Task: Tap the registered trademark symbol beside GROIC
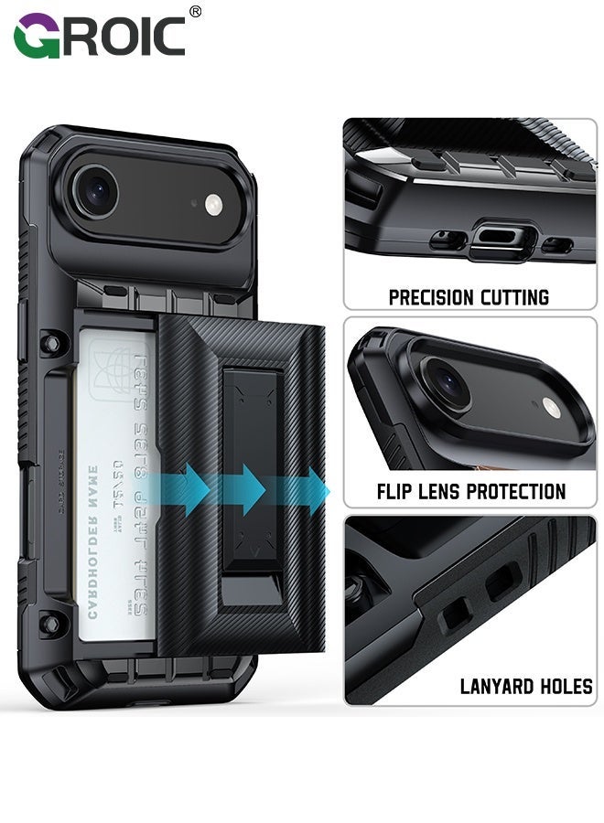point(194,12)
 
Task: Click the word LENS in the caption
point(441,492)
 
